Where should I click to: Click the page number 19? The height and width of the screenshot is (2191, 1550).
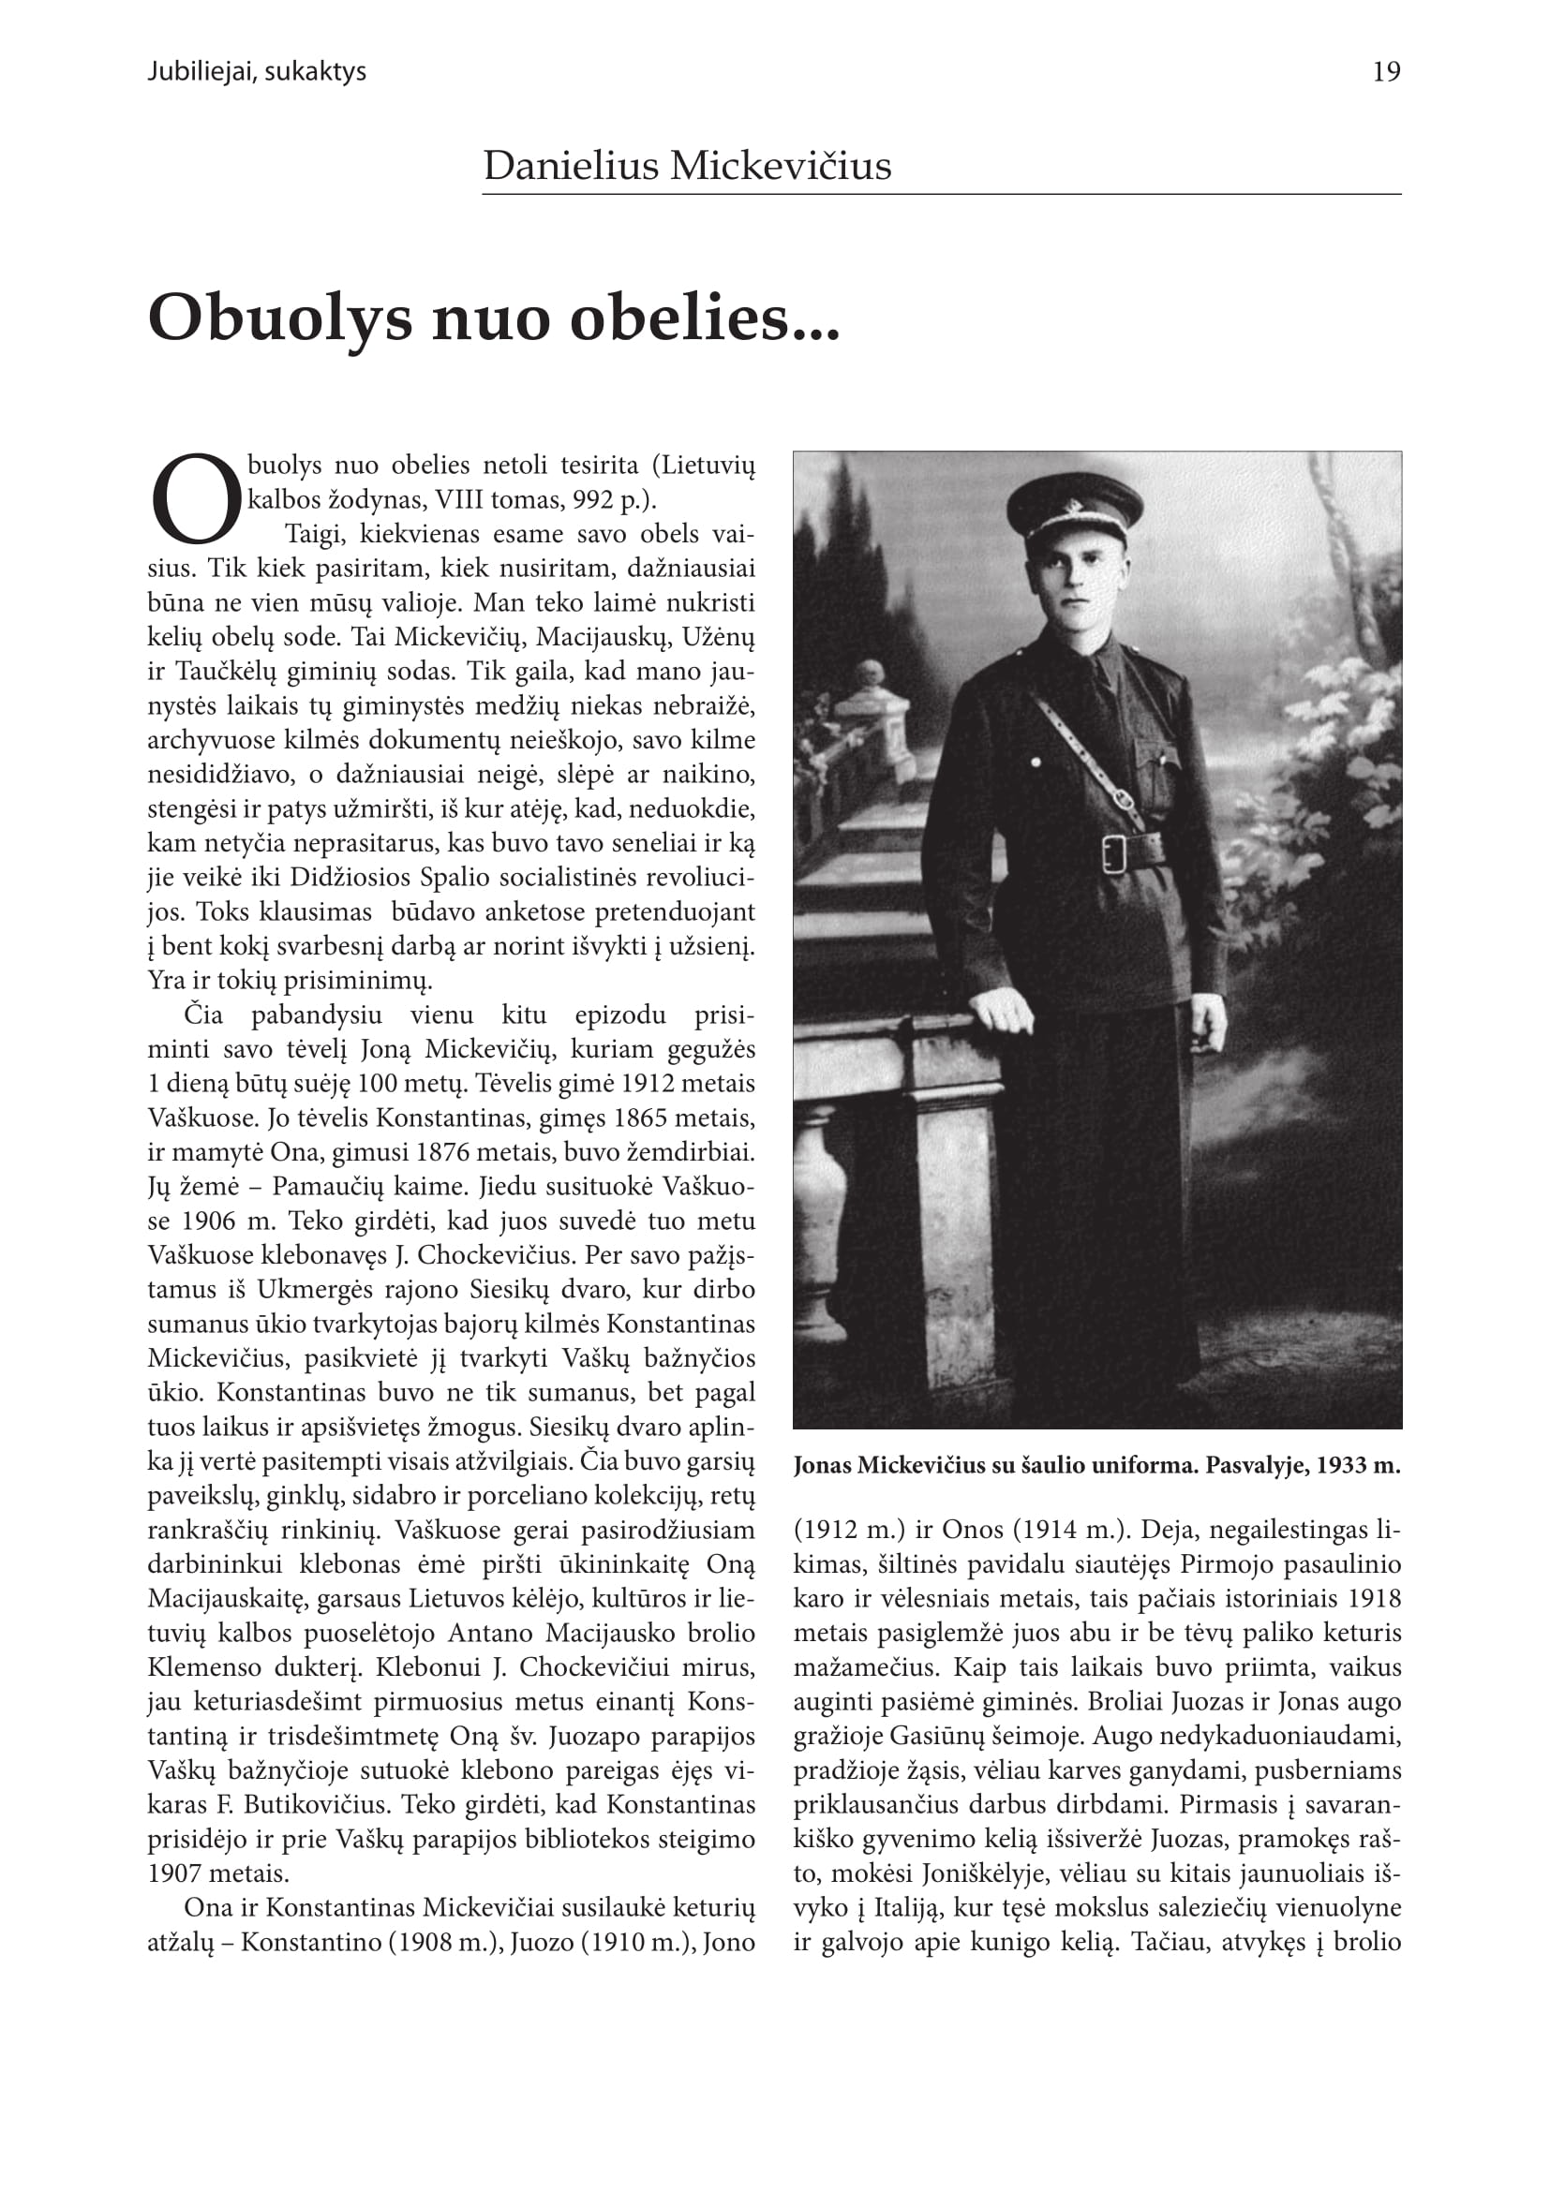click(1386, 72)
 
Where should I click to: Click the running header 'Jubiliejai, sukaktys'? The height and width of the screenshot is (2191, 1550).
click(257, 72)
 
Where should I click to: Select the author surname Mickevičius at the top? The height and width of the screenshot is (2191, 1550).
click(780, 166)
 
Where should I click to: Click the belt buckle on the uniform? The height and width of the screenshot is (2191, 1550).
click(1114, 852)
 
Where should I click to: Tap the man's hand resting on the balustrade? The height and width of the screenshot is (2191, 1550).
click(1001, 1012)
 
